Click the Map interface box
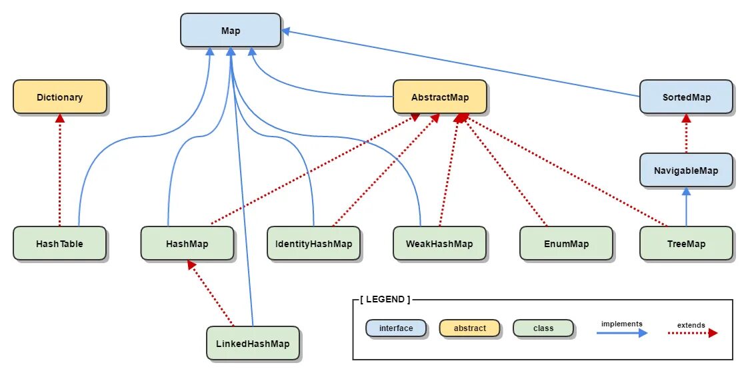pos(230,31)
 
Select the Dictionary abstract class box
pos(60,97)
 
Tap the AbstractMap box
pos(440,97)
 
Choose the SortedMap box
pos(687,97)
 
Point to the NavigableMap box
pos(687,171)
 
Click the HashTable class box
pos(60,244)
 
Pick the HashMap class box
pos(187,244)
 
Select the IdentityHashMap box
pos(313,244)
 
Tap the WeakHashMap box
pos(439,244)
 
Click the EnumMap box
pos(566,244)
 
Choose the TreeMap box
pos(686,244)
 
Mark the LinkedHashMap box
pos(253,344)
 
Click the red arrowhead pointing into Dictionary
pos(60,118)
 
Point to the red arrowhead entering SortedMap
pos(686,118)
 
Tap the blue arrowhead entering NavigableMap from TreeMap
pos(686,191)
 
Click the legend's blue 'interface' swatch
pos(396,328)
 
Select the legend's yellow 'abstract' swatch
pos(469,328)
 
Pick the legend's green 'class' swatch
pos(543,328)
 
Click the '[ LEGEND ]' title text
pos(385,300)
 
